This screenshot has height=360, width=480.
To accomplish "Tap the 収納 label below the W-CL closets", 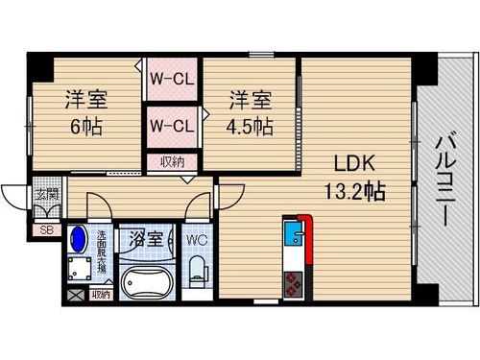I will [x=172, y=163].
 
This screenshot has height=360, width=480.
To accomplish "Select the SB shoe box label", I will [x=45, y=230].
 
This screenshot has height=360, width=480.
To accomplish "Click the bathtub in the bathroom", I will [x=147, y=283].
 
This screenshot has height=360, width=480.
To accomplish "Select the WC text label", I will [x=197, y=238].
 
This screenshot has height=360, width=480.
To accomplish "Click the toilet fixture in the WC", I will [x=199, y=272].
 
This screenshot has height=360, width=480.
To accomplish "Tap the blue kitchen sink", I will [x=292, y=233].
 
